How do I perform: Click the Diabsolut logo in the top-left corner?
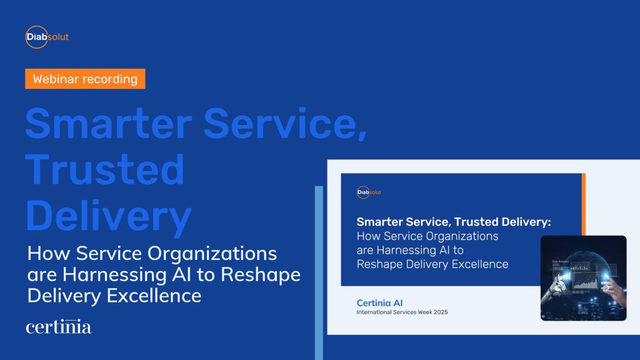(x=47, y=37)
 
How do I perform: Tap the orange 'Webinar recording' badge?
(x=85, y=79)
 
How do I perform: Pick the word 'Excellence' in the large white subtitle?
(x=152, y=295)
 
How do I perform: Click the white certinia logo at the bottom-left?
(x=59, y=327)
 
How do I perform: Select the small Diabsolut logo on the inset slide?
(x=369, y=192)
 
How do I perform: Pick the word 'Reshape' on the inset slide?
(x=377, y=264)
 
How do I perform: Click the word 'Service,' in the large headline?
(x=280, y=124)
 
